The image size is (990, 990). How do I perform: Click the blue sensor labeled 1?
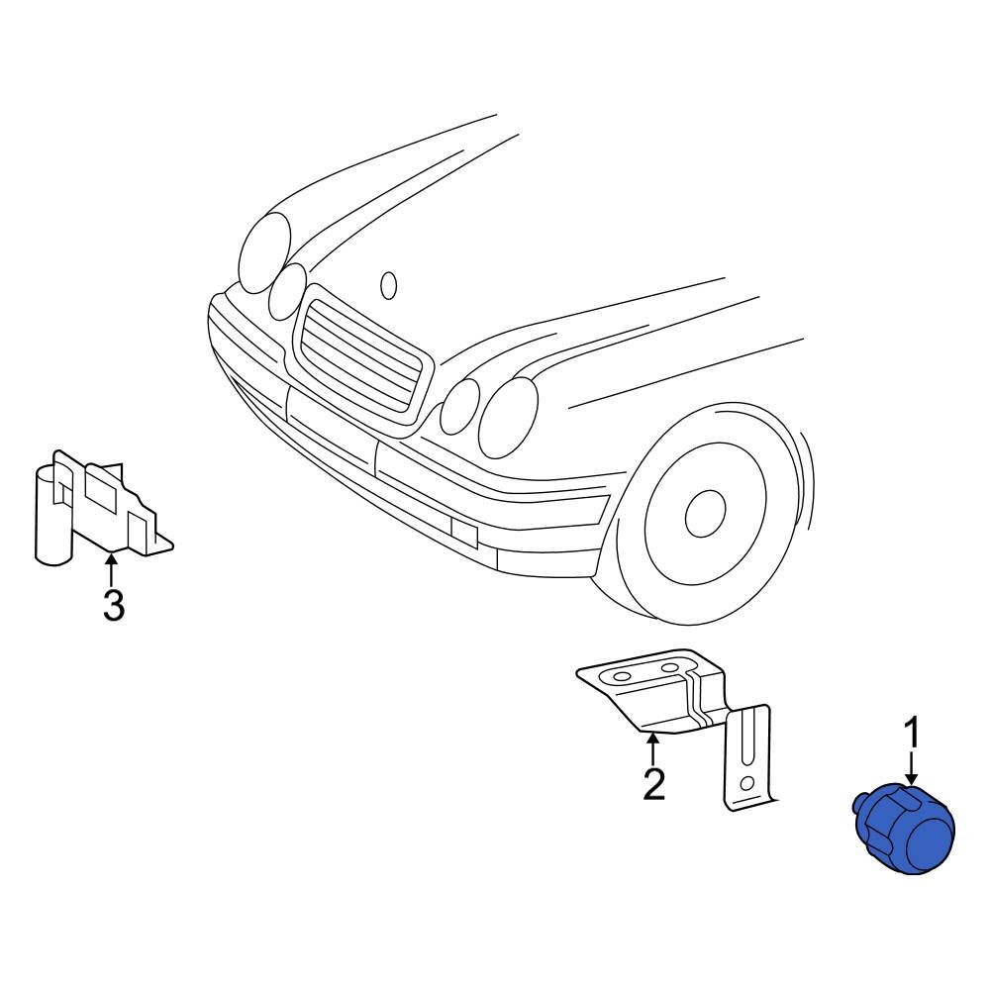pyautogui.click(x=903, y=830)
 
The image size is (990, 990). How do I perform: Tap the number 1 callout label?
pyautogui.click(x=913, y=736)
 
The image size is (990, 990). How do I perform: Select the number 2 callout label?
pyautogui.click(x=653, y=784)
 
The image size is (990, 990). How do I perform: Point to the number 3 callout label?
pyautogui.click(x=113, y=606)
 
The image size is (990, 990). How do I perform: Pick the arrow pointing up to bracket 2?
pyautogui.click(x=652, y=747)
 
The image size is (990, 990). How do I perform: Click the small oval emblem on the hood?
pyautogui.click(x=389, y=285)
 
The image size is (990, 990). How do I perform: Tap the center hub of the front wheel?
pyautogui.click(x=704, y=509)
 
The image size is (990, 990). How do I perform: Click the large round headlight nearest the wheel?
pyautogui.click(x=507, y=416)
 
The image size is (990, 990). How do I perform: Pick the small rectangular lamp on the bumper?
pyautogui.click(x=463, y=532)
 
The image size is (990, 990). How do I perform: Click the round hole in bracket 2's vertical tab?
pyautogui.click(x=747, y=783)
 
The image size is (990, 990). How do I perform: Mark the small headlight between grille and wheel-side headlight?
pyautogui.click(x=459, y=406)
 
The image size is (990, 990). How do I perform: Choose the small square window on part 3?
pyautogui.click(x=100, y=484)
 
